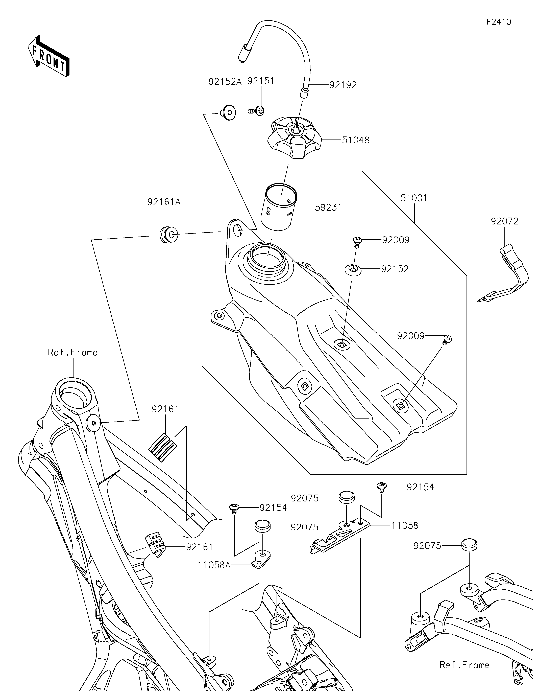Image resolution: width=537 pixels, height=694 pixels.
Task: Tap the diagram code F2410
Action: click(x=499, y=22)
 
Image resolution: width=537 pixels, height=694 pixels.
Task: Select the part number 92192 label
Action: click(x=343, y=85)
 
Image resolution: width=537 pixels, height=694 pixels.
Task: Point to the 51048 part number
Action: click(x=356, y=140)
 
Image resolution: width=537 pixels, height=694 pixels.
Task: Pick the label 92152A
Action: click(x=225, y=82)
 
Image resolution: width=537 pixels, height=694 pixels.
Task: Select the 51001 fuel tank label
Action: click(x=414, y=198)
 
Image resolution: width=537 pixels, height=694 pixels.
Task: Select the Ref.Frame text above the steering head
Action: click(x=73, y=352)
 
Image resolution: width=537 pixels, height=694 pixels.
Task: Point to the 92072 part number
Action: click(x=504, y=221)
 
